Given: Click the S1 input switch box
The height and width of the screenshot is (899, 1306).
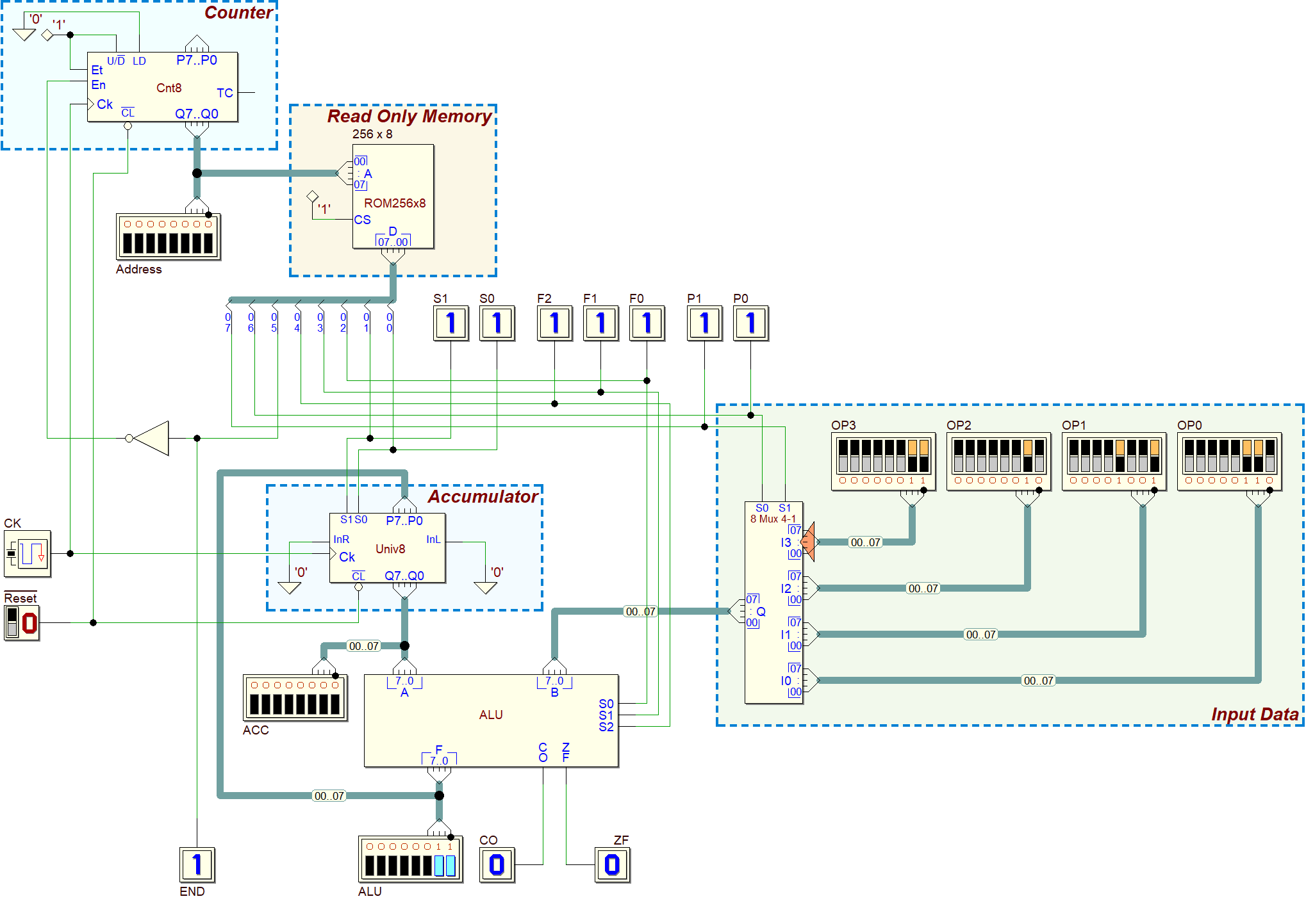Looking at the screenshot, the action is coord(450,323).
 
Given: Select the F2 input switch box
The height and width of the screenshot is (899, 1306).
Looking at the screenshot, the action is coord(554,323).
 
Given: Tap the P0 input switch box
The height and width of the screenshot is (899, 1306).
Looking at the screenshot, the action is coord(750,323).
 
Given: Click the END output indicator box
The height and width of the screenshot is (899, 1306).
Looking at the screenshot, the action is coord(197,865).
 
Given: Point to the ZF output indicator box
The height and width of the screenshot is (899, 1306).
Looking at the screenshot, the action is coord(612,865).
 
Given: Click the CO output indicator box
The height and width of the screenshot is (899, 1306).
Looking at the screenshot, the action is coord(497,865).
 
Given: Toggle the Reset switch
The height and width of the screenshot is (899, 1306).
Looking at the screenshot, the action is coord(22,623).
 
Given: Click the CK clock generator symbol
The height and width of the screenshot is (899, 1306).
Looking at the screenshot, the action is coord(28,554).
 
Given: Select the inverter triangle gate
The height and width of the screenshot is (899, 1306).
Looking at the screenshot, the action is coord(151,439).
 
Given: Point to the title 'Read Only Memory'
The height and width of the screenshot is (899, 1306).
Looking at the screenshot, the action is coord(409,117).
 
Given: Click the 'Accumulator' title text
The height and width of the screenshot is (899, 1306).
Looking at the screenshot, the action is coord(483,497).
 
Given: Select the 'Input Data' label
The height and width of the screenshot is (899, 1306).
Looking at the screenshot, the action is coord(1255,715).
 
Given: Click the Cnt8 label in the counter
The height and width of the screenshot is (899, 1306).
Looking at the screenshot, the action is coord(169,88).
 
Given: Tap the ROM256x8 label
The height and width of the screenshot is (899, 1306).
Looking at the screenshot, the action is coord(395,204).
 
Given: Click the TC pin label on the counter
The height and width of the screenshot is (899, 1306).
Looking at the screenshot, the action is coord(224,93).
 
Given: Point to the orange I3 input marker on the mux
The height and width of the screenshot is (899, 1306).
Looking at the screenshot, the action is coord(808,542).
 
